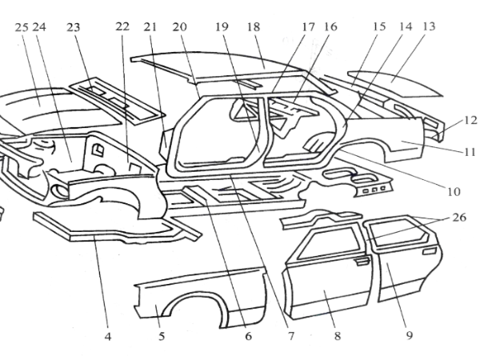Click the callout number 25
pos(22,26)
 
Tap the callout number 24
pos(38,26)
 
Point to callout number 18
pos(255,26)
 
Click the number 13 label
pos(429,26)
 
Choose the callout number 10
pos(454,192)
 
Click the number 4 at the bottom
pos(107,337)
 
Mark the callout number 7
pos(290,337)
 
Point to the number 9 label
pos(409,337)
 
